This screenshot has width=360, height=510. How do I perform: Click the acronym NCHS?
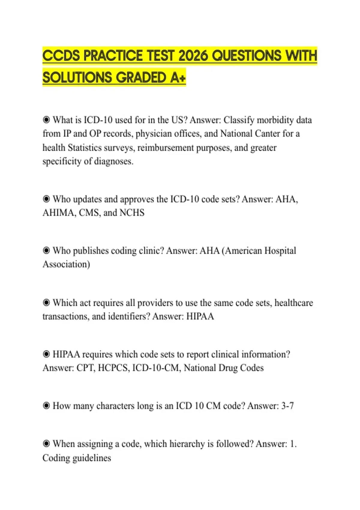tap(132, 213)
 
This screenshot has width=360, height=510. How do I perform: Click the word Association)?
tap(66, 264)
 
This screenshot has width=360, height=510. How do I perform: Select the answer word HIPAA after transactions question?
tap(200, 316)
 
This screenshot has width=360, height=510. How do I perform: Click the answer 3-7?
tap(287, 406)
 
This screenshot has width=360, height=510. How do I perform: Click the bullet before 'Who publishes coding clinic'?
tap(46, 250)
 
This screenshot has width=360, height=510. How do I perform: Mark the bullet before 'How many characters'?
tap(46, 406)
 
